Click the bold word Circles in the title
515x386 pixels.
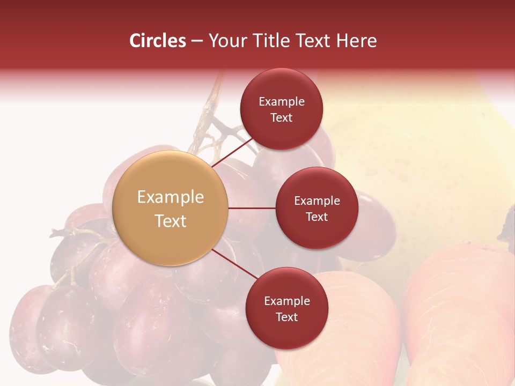pyautogui.click(x=158, y=41)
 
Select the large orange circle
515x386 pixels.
pyautogui.click(x=171, y=208)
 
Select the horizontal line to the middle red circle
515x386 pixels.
pyautogui.click(x=252, y=208)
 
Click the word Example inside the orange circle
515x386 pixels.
pyautogui.click(x=171, y=197)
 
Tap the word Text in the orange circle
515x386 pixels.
pyautogui.click(x=171, y=221)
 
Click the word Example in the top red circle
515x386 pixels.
pyautogui.click(x=282, y=101)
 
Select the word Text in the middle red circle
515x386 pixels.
pyautogui.click(x=317, y=217)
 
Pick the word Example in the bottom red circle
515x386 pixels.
pyautogui.click(x=287, y=301)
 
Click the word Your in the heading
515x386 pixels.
pyautogui.click(x=226, y=41)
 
